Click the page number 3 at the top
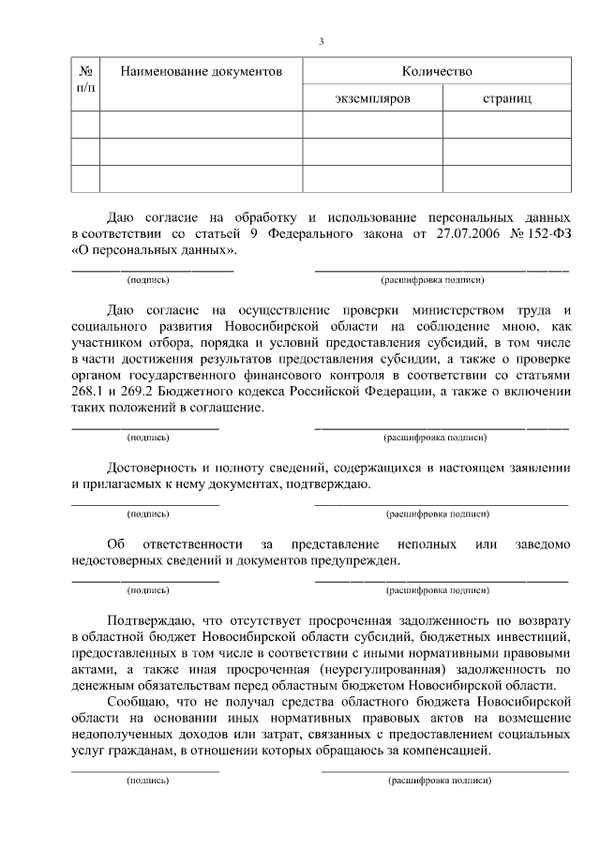pyautogui.click(x=321, y=41)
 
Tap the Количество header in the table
pyautogui.click(x=436, y=71)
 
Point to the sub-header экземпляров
pyautogui.click(x=372, y=97)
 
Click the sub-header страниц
pyautogui.click(x=507, y=97)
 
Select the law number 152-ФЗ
pyautogui.click(x=547, y=234)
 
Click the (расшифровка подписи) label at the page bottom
pyautogui.click(x=439, y=780)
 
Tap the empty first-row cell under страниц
pyautogui.click(x=507, y=125)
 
